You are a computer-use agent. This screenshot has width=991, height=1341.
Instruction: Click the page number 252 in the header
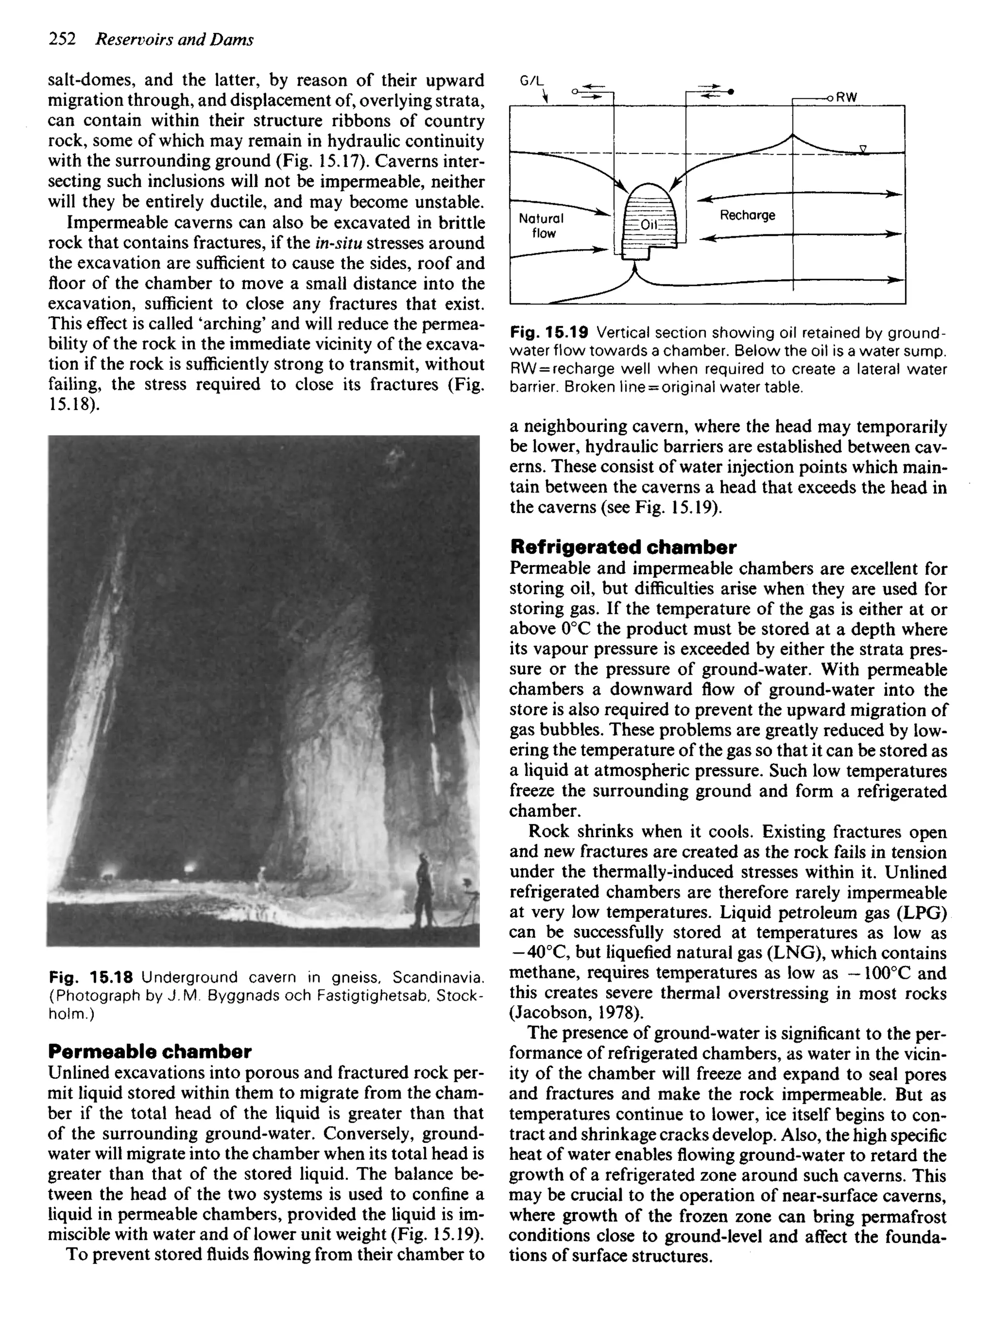tap(62, 40)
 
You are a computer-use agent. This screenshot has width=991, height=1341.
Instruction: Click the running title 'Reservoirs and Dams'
tap(175, 40)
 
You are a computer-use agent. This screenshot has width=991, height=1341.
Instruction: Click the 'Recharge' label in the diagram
tap(748, 215)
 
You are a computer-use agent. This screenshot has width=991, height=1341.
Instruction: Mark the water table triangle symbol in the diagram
tap(863, 149)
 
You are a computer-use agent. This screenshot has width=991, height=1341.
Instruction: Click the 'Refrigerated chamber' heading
tap(623, 547)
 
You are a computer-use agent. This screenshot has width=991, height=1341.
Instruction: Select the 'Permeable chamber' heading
tap(150, 1051)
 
